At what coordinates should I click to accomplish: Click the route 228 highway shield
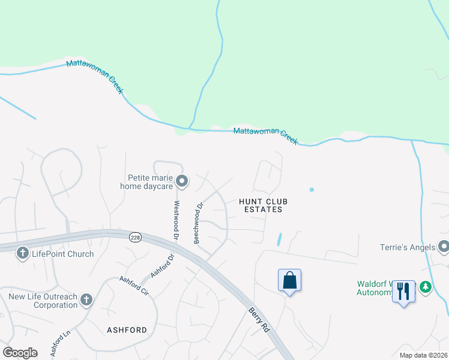pyautogui.click(x=135, y=238)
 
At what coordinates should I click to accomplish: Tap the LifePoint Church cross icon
pyautogui.click(x=23, y=253)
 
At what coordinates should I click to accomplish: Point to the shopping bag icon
pyautogui.click(x=289, y=280)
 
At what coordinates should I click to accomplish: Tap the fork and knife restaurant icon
pyautogui.click(x=403, y=292)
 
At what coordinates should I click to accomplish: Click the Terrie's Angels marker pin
pyautogui.click(x=444, y=247)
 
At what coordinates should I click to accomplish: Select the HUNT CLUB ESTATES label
pyautogui.click(x=260, y=205)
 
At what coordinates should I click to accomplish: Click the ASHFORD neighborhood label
pyautogui.click(x=127, y=330)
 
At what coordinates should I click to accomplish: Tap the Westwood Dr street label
pyautogui.click(x=176, y=221)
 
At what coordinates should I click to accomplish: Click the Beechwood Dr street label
pyautogui.click(x=198, y=223)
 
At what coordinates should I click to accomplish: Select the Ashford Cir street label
pyautogui.click(x=133, y=287)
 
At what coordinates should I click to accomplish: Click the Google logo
pyautogui.click(x=20, y=352)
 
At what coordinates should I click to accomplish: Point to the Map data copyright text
pyautogui.click(x=423, y=355)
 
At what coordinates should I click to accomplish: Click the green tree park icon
pyautogui.click(x=426, y=287)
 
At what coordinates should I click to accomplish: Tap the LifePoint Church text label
pyautogui.click(x=63, y=254)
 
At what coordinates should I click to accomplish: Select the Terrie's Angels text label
pyautogui.click(x=407, y=247)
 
